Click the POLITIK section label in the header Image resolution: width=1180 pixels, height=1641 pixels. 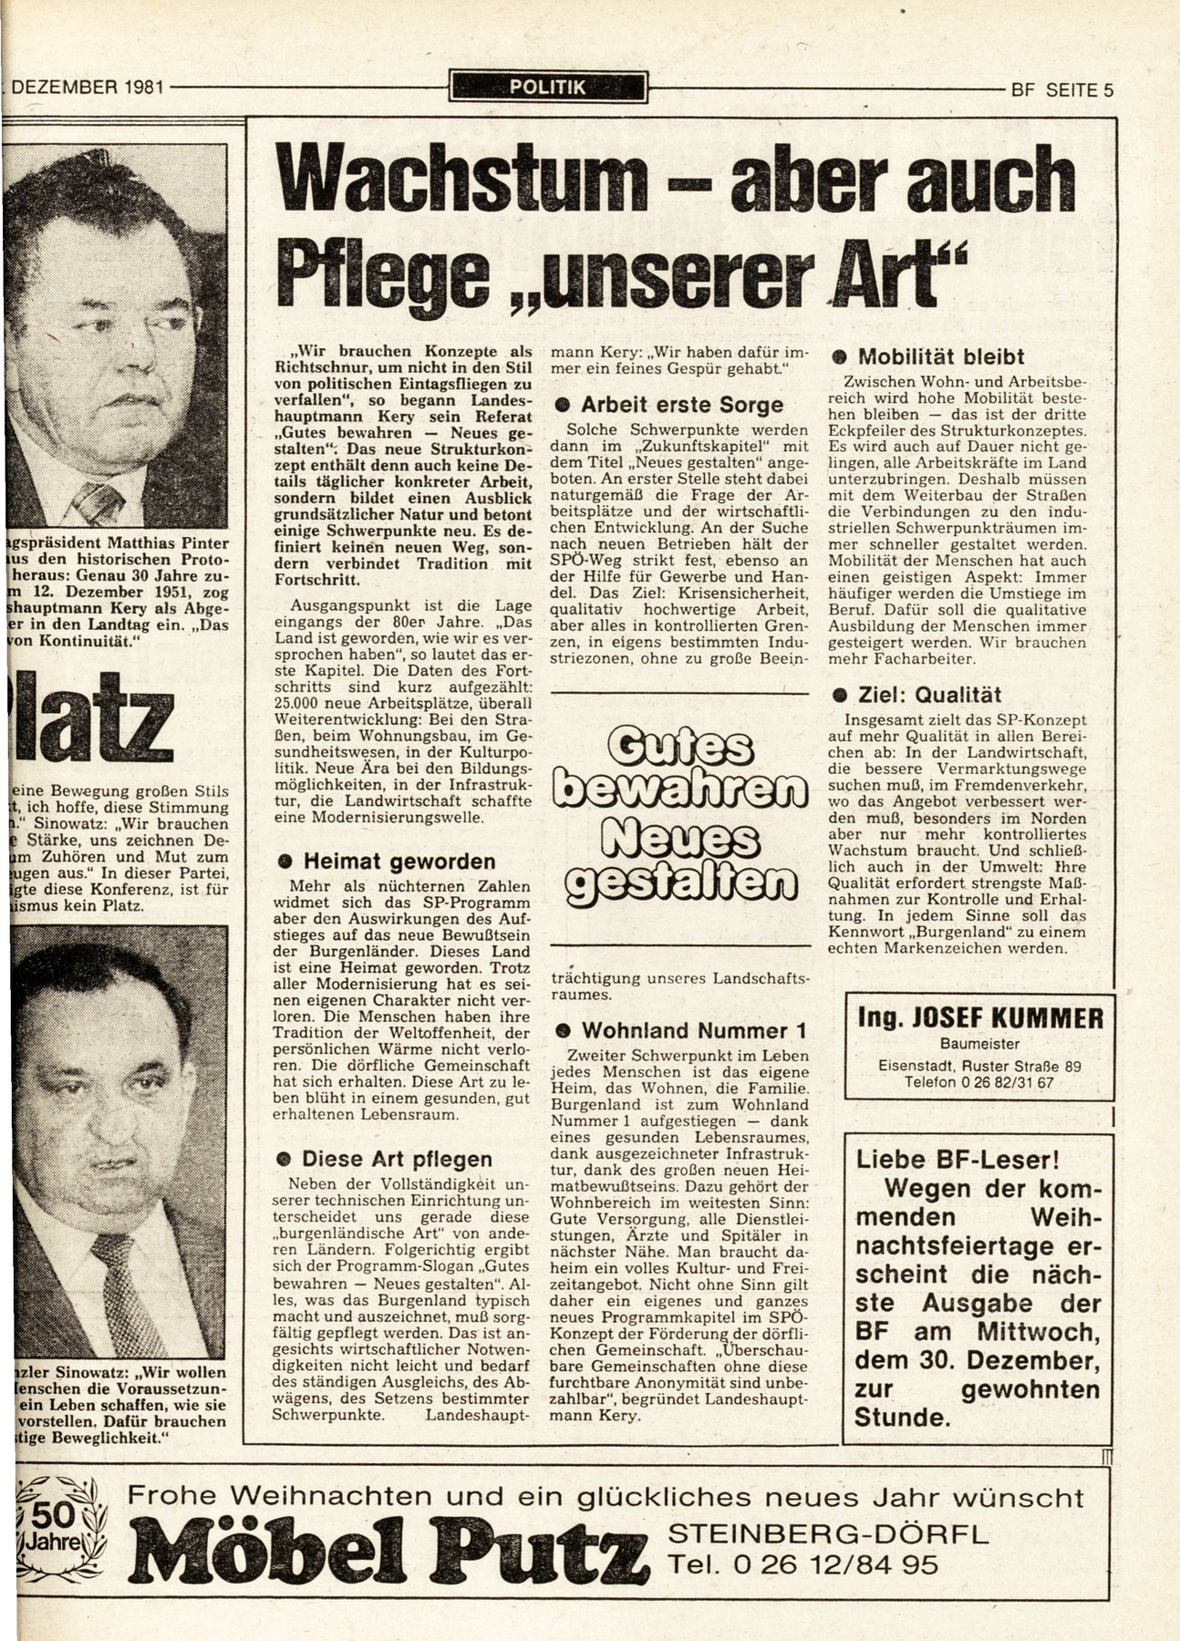[x=548, y=88]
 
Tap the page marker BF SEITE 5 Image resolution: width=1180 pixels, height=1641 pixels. [x=1062, y=90]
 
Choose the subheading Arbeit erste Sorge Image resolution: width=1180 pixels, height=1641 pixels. [x=670, y=405]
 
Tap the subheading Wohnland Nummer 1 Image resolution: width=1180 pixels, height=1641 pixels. [x=683, y=1031]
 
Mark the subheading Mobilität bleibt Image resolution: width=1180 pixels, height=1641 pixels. [x=929, y=356]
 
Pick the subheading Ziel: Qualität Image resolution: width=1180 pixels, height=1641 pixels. [x=917, y=695]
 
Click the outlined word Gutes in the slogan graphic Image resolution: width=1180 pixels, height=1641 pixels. [x=680, y=748]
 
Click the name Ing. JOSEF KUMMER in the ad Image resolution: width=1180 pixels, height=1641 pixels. [x=980, y=1017]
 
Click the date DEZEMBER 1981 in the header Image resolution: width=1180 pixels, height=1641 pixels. [x=88, y=89]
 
